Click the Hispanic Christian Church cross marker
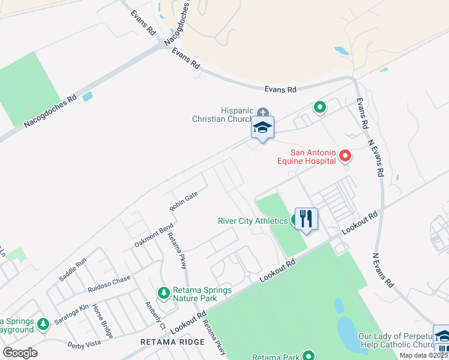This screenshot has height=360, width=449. (x=262, y=113)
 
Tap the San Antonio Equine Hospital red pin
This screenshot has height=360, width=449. (x=345, y=157)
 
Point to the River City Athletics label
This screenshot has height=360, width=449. (x=252, y=221)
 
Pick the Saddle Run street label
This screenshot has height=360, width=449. (x=73, y=269)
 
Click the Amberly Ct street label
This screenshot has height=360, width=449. (x=155, y=315)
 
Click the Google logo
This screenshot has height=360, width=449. (x=20, y=352)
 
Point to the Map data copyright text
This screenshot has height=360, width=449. (x=424, y=355)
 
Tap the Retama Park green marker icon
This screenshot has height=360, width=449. (x=309, y=355)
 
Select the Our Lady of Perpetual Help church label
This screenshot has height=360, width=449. (x=395, y=340)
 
